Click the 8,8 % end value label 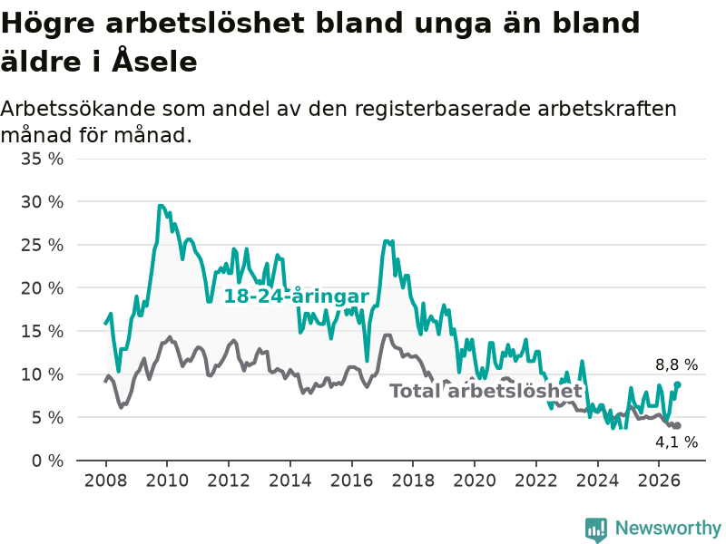(x=676, y=365)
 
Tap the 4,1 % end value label (x=676, y=442)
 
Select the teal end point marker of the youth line (x=677, y=384)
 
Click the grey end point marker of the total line (x=677, y=425)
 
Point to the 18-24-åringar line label (x=297, y=296)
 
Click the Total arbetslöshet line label (x=486, y=391)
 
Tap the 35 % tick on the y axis (x=42, y=160)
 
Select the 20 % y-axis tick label (x=42, y=288)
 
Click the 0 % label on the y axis (x=47, y=461)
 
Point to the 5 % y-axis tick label (x=47, y=418)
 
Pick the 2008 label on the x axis (x=105, y=481)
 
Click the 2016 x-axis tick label (x=351, y=481)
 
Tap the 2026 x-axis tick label (x=659, y=481)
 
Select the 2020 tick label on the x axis (x=475, y=481)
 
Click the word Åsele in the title (x=154, y=60)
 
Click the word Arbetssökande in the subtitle (x=78, y=109)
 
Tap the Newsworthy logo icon (x=596, y=529)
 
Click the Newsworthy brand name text (x=668, y=528)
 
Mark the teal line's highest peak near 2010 (x=161, y=206)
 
